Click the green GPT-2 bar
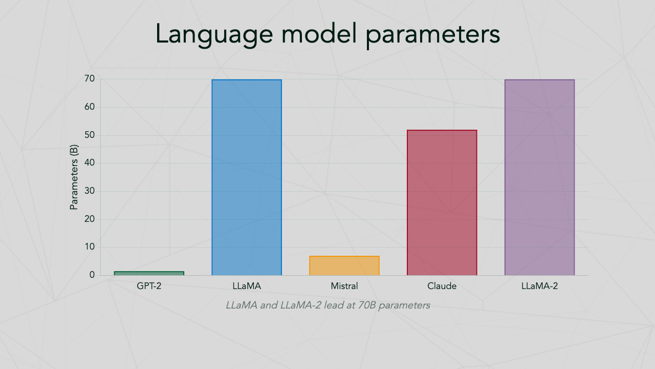pyautogui.click(x=149, y=273)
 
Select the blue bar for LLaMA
pyautogui.click(x=247, y=177)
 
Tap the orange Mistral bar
pyautogui.click(x=344, y=265)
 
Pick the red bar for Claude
pyautogui.click(x=442, y=202)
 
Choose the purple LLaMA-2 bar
pyautogui.click(x=539, y=177)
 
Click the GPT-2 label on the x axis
pyautogui.click(x=149, y=286)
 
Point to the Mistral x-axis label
pyautogui.click(x=344, y=286)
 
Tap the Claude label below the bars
pyautogui.click(x=442, y=286)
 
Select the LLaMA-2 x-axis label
pyautogui.click(x=539, y=286)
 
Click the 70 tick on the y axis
pyautogui.click(x=90, y=78)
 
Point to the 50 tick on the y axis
pyautogui.click(x=90, y=135)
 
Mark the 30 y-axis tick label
pyautogui.click(x=90, y=191)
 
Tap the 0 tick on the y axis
pyautogui.click(x=92, y=275)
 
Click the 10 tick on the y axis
pyautogui.click(x=90, y=247)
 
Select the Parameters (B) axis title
pyautogui.click(x=74, y=177)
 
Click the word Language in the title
pyautogui.click(x=214, y=34)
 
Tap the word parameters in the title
pyautogui.click(x=433, y=36)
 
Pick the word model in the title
pyautogui.click(x=319, y=33)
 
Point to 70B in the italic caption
pyautogui.click(x=367, y=305)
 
